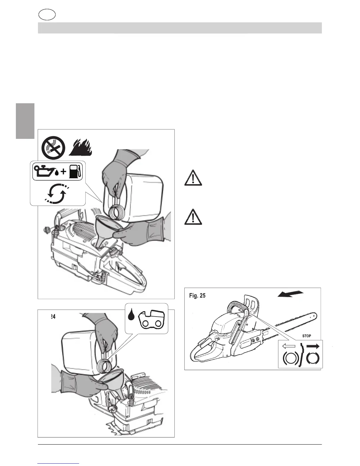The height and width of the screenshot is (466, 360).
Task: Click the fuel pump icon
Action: pos(75,172)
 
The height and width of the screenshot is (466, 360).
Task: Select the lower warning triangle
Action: pos(193,217)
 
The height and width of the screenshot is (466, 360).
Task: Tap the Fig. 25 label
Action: pos(197,296)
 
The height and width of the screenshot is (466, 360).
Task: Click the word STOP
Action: pos(306,336)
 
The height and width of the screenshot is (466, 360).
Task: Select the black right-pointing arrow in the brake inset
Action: pos(312,347)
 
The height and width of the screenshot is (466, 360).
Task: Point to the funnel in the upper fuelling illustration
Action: pos(105,229)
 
